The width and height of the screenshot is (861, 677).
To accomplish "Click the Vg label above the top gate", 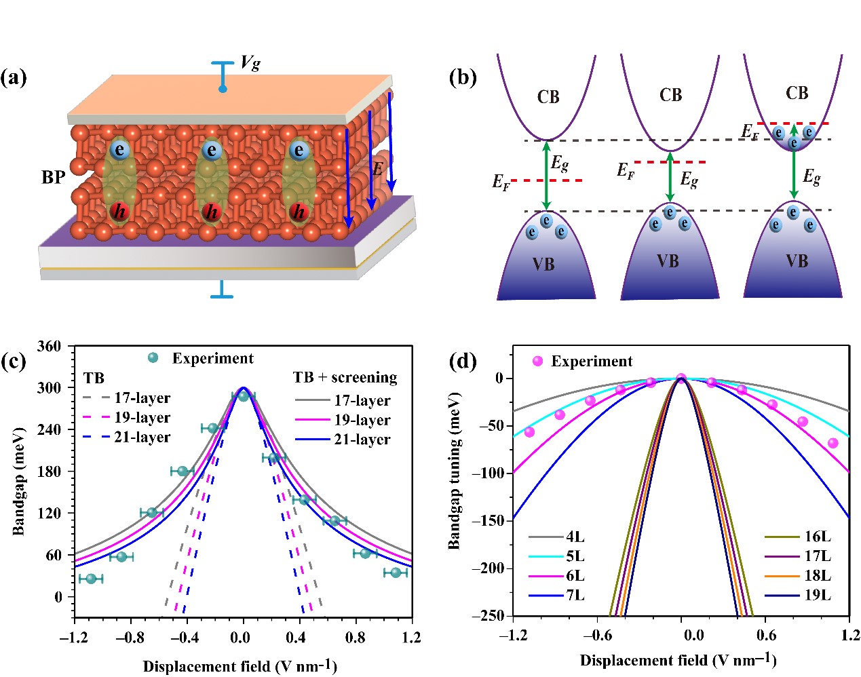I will point(250,63).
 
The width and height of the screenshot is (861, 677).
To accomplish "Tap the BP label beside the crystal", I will point(54,177).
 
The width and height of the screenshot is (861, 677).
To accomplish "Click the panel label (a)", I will point(14,77).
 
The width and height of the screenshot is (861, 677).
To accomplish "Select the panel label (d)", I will point(463,361).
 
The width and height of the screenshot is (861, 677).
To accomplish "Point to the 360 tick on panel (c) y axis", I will point(49,346).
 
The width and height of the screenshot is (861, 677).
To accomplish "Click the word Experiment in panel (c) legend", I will point(212,358).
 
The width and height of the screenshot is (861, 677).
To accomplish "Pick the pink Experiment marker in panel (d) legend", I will point(538,362).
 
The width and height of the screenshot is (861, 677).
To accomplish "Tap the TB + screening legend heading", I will point(345,377).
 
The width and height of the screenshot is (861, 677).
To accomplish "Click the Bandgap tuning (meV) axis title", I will point(454,470).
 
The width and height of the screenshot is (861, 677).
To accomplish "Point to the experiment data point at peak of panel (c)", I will point(244,395).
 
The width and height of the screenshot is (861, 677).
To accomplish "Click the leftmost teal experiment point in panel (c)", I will point(90,579).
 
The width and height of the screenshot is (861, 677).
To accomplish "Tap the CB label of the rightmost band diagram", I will point(797,93).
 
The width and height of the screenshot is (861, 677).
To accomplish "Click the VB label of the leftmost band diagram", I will point(543,264).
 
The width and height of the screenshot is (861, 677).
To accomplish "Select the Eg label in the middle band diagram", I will point(689,179).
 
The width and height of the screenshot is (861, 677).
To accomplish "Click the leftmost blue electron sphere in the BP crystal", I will point(119,149).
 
